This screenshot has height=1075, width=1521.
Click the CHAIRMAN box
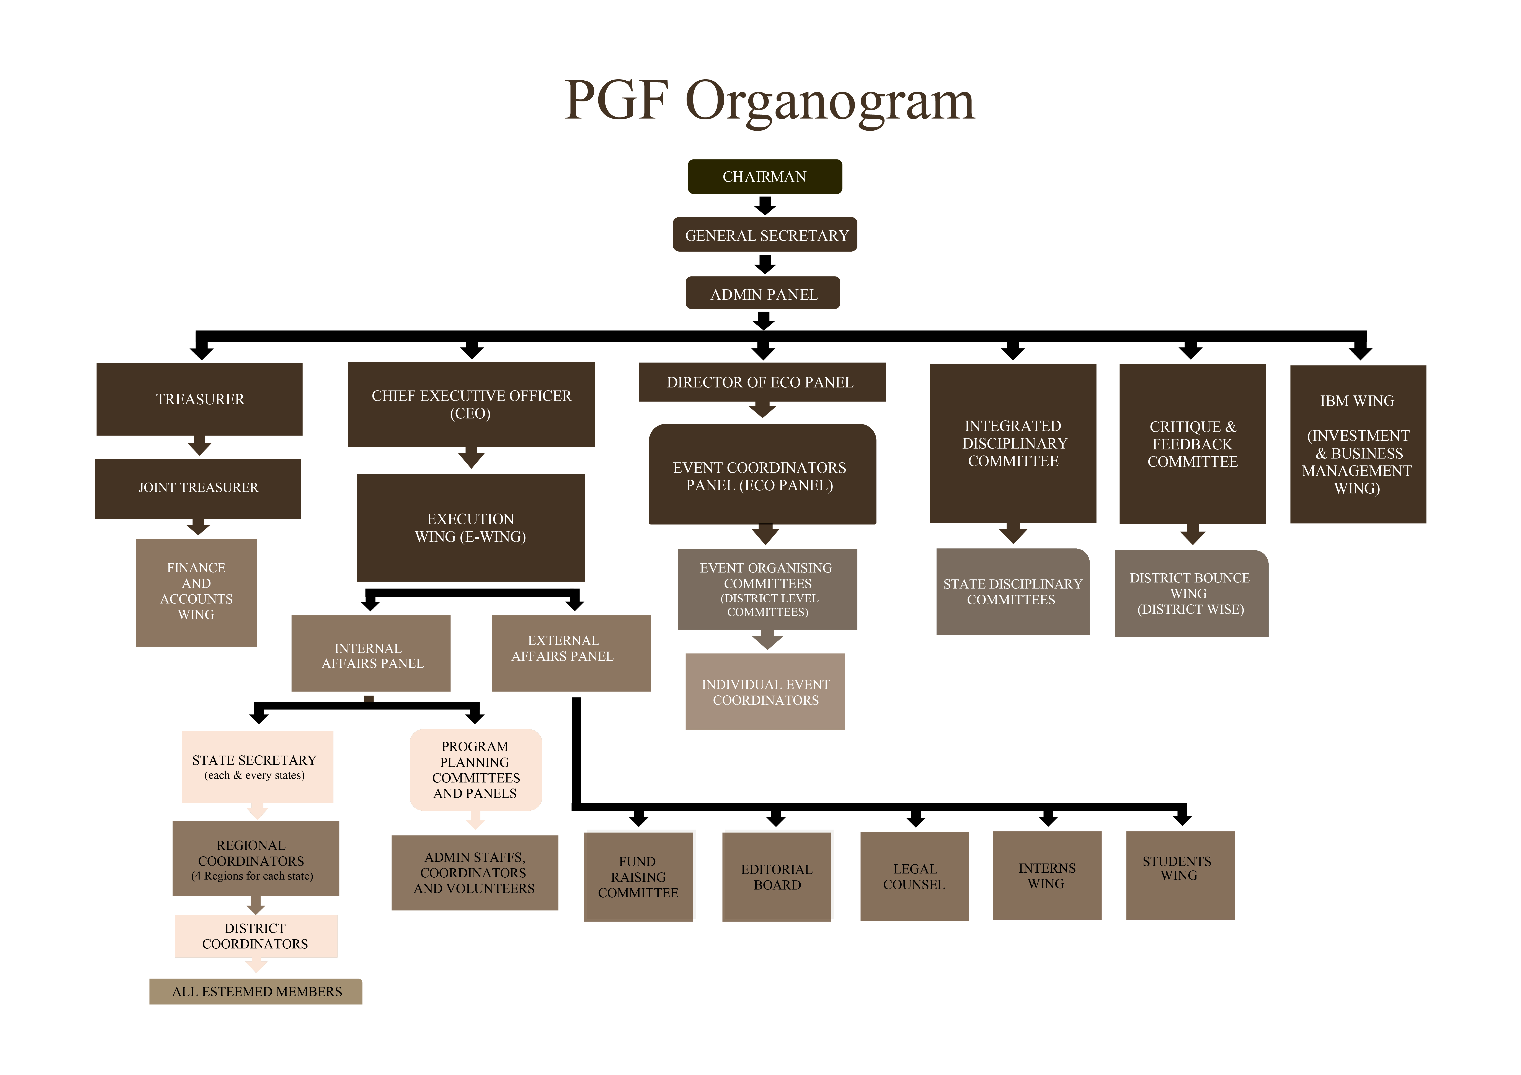[764, 177]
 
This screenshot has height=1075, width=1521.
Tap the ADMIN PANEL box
[763, 293]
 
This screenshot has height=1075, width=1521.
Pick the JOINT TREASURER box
[198, 488]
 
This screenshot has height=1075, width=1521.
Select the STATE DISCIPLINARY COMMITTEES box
[1012, 592]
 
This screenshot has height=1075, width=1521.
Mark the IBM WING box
[1357, 444]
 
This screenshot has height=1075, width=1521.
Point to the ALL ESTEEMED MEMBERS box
[256, 992]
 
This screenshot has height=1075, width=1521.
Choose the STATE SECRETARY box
[257, 766]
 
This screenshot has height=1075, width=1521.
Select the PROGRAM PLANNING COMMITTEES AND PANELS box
[476, 770]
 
